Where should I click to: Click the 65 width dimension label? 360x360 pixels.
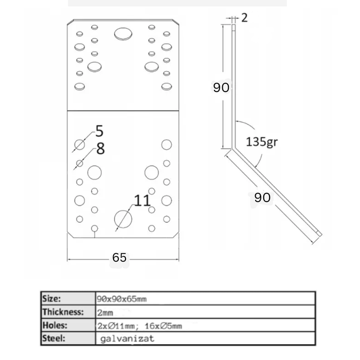pyautogui.click(x=119, y=257)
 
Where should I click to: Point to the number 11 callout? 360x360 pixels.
pyautogui.click(x=142, y=200)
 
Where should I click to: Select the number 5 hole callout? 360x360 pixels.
pyautogui.click(x=99, y=130)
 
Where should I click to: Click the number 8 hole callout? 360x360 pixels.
pyautogui.click(x=100, y=149)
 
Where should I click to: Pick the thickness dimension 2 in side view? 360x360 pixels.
pyautogui.click(x=244, y=18)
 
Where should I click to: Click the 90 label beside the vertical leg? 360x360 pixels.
pyautogui.click(x=221, y=88)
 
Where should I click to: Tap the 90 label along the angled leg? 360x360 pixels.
pyautogui.click(x=262, y=197)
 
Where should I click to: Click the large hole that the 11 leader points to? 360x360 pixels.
pyautogui.click(x=123, y=219)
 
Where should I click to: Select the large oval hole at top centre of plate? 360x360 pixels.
pyautogui.click(x=123, y=34)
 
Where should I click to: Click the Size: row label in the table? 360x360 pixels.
pyautogui.click(x=52, y=298)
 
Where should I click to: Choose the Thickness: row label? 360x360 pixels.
pyautogui.click(x=63, y=312)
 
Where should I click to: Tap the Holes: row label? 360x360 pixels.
pyautogui.click(x=55, y=326)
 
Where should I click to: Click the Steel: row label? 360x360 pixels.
pyautogui.click(x=53, y=339)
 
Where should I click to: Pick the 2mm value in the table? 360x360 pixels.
pyautogui.click(x=105, y=312)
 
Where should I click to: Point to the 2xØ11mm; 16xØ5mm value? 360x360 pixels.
pyautogui.click(x=139, y=326)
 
